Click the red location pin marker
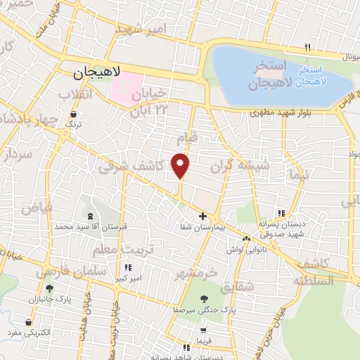pyautogui.click(x=181, y=165)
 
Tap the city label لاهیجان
pyautogui.click(x=97, y=72)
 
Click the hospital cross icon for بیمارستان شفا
pyautogui.click(x=203, y=216)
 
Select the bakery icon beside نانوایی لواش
pyautogui.click(x=247, y=238)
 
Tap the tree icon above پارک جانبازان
pyautogui.click(x=49, y=288)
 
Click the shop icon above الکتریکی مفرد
pyautogui.click(x=28, y=323)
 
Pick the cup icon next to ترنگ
pyautogui.click(x=74, y=114)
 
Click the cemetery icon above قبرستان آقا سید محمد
pyautogui.click(x=89, y=216)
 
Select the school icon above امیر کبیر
pyautogui.click(x=128, y=267)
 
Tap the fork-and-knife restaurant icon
pyautogui.click(x=307, y=47)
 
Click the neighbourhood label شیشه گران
pyautogui.click(x=240, y=166)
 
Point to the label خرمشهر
pyautogui.click(x=197, y=272)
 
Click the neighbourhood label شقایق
pyautogui.click(x=235, y=287)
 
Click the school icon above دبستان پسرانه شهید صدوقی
pyautogui.click(x=282, y=213)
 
